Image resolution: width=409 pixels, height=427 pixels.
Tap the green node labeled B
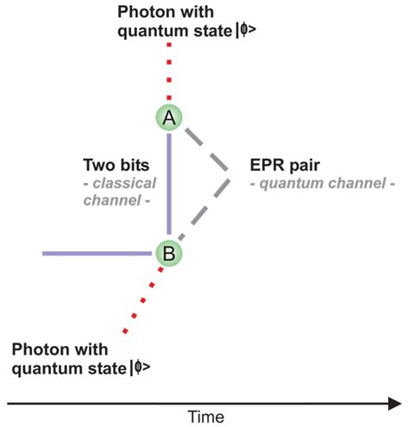coord(169,253)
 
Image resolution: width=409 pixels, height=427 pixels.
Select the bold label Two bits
coord(116,164)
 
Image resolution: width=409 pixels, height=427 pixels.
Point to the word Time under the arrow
coord(206,417)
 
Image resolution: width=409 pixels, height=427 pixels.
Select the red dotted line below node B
coord(142,302)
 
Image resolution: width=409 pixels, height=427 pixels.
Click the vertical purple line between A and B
coord(169,185)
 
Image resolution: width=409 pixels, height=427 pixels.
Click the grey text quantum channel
coord(323,182)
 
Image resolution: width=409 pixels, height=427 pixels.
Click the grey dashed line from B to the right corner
coord(204,216)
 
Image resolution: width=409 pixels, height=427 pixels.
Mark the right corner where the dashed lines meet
coord(229,179)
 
